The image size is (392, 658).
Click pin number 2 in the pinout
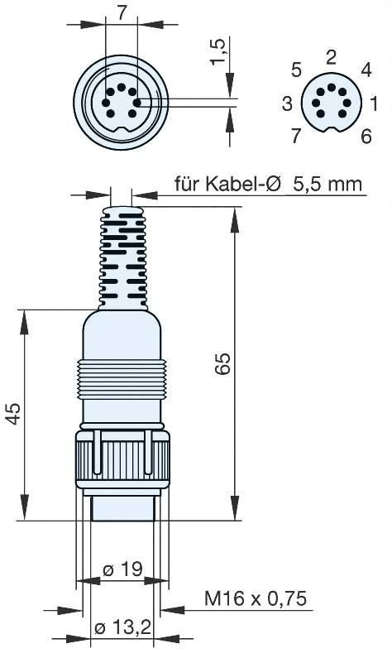point(331,56)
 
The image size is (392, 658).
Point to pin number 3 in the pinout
point(287,103)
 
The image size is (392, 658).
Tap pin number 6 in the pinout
point(365,137)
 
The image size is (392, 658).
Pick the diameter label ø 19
point(122,569)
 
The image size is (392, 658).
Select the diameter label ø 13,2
point(122,628)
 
